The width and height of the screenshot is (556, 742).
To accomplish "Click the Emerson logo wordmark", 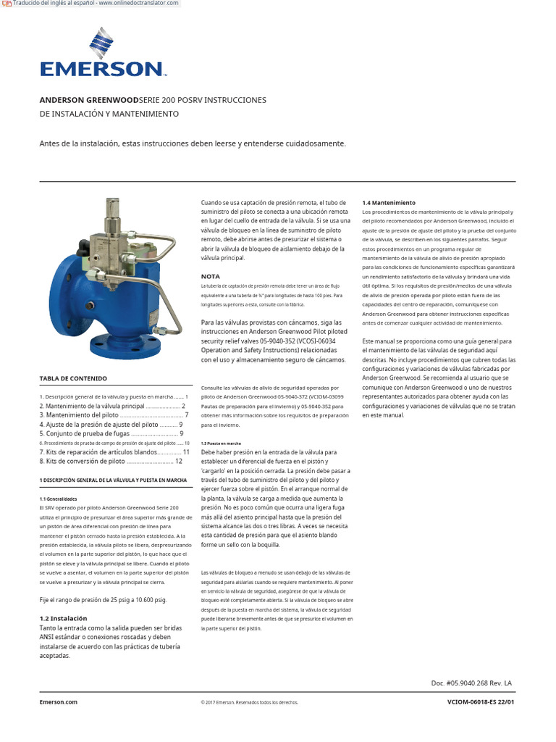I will pyautogui.click(x=102, y=70).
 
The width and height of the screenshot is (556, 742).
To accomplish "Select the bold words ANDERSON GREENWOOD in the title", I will pyautogui.click(x=88, y=100).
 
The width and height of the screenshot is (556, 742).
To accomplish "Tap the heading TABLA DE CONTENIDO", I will pyautogui.click(x=72, y=378).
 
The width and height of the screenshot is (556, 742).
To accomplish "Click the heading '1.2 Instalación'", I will pyautogui.click(x=63, y=618).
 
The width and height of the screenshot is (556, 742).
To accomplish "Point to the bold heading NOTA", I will pyautogui.click(x=210, y=276).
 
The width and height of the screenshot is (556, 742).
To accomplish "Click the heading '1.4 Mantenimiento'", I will pyautogui.click(x=389, y=202).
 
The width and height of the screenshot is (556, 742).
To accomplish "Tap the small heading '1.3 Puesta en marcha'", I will pyautogui.click(x=220, y=442).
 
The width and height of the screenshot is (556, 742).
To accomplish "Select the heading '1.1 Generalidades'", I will pyautogui.click(x=57, y=499).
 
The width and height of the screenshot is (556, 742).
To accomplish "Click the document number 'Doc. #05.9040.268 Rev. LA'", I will pyautogui.click(x=471, y=683).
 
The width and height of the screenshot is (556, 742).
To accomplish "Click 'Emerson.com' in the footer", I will pyautogui.click(x=58, y=702).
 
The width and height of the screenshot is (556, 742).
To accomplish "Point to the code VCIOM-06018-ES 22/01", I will pyautogui.click(x=481, y=702).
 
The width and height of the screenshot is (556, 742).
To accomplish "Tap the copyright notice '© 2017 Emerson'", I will pyautogui.click(x=249, y=702).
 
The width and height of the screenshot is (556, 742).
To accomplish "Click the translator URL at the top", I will pyautogui.click(x=94, y=4).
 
